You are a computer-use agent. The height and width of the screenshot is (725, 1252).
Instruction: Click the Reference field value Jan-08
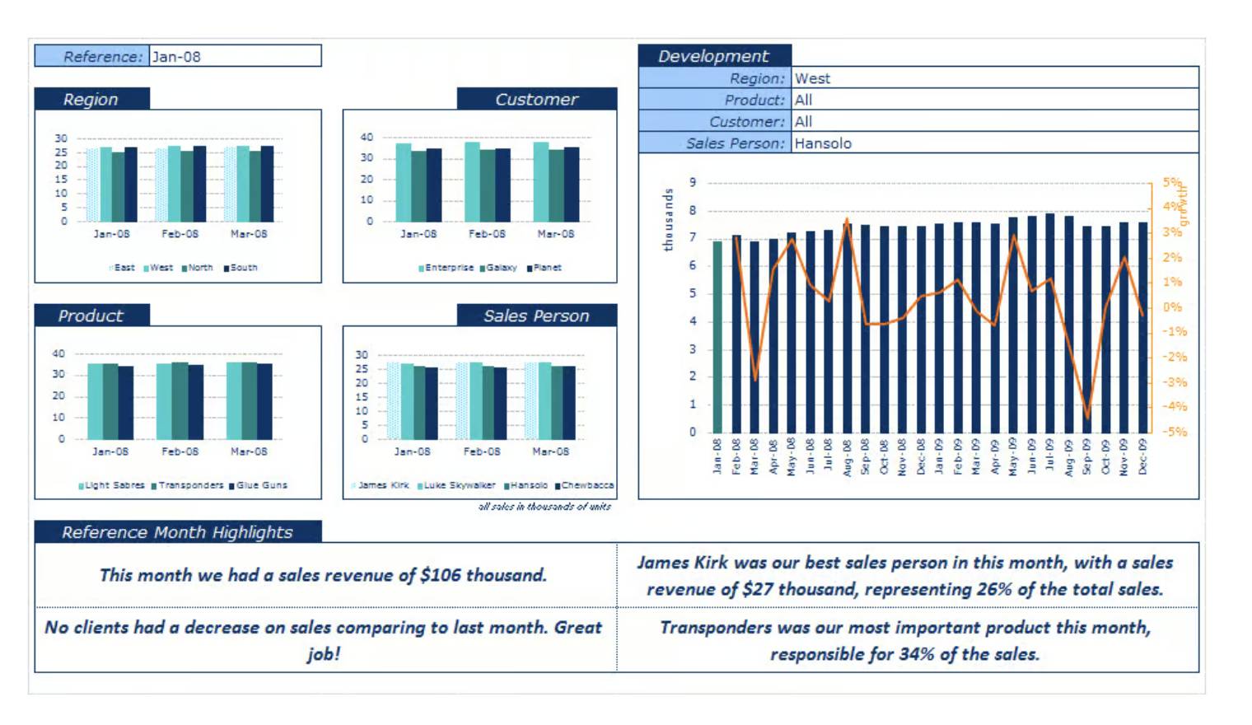tap(176, 57)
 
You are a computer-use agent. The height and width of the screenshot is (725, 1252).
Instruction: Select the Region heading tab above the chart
tap(91, 100)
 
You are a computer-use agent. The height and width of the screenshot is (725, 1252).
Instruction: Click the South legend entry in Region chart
tap(243, 268)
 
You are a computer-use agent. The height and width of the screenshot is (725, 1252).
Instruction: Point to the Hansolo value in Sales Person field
tap(823, 143)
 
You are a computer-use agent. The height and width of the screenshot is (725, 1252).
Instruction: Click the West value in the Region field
tap(812, 78)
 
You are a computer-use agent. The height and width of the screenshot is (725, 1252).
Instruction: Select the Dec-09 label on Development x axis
tap(1142, 456)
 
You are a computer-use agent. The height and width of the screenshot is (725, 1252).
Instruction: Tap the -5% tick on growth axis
tap(1175, 432)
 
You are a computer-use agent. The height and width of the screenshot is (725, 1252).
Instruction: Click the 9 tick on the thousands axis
tap(693, 182)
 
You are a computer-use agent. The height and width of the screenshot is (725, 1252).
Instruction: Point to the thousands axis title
tap(668, 220)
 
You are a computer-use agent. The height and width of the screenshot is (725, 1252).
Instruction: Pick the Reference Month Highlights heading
tap(177, 532)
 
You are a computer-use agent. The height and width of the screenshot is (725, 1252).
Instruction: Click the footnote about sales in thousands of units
tap(544, 507)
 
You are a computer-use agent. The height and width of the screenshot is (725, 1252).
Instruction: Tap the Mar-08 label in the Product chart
tap(249, 451)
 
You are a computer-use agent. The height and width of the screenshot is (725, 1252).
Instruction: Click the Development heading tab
tap(713, 56)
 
